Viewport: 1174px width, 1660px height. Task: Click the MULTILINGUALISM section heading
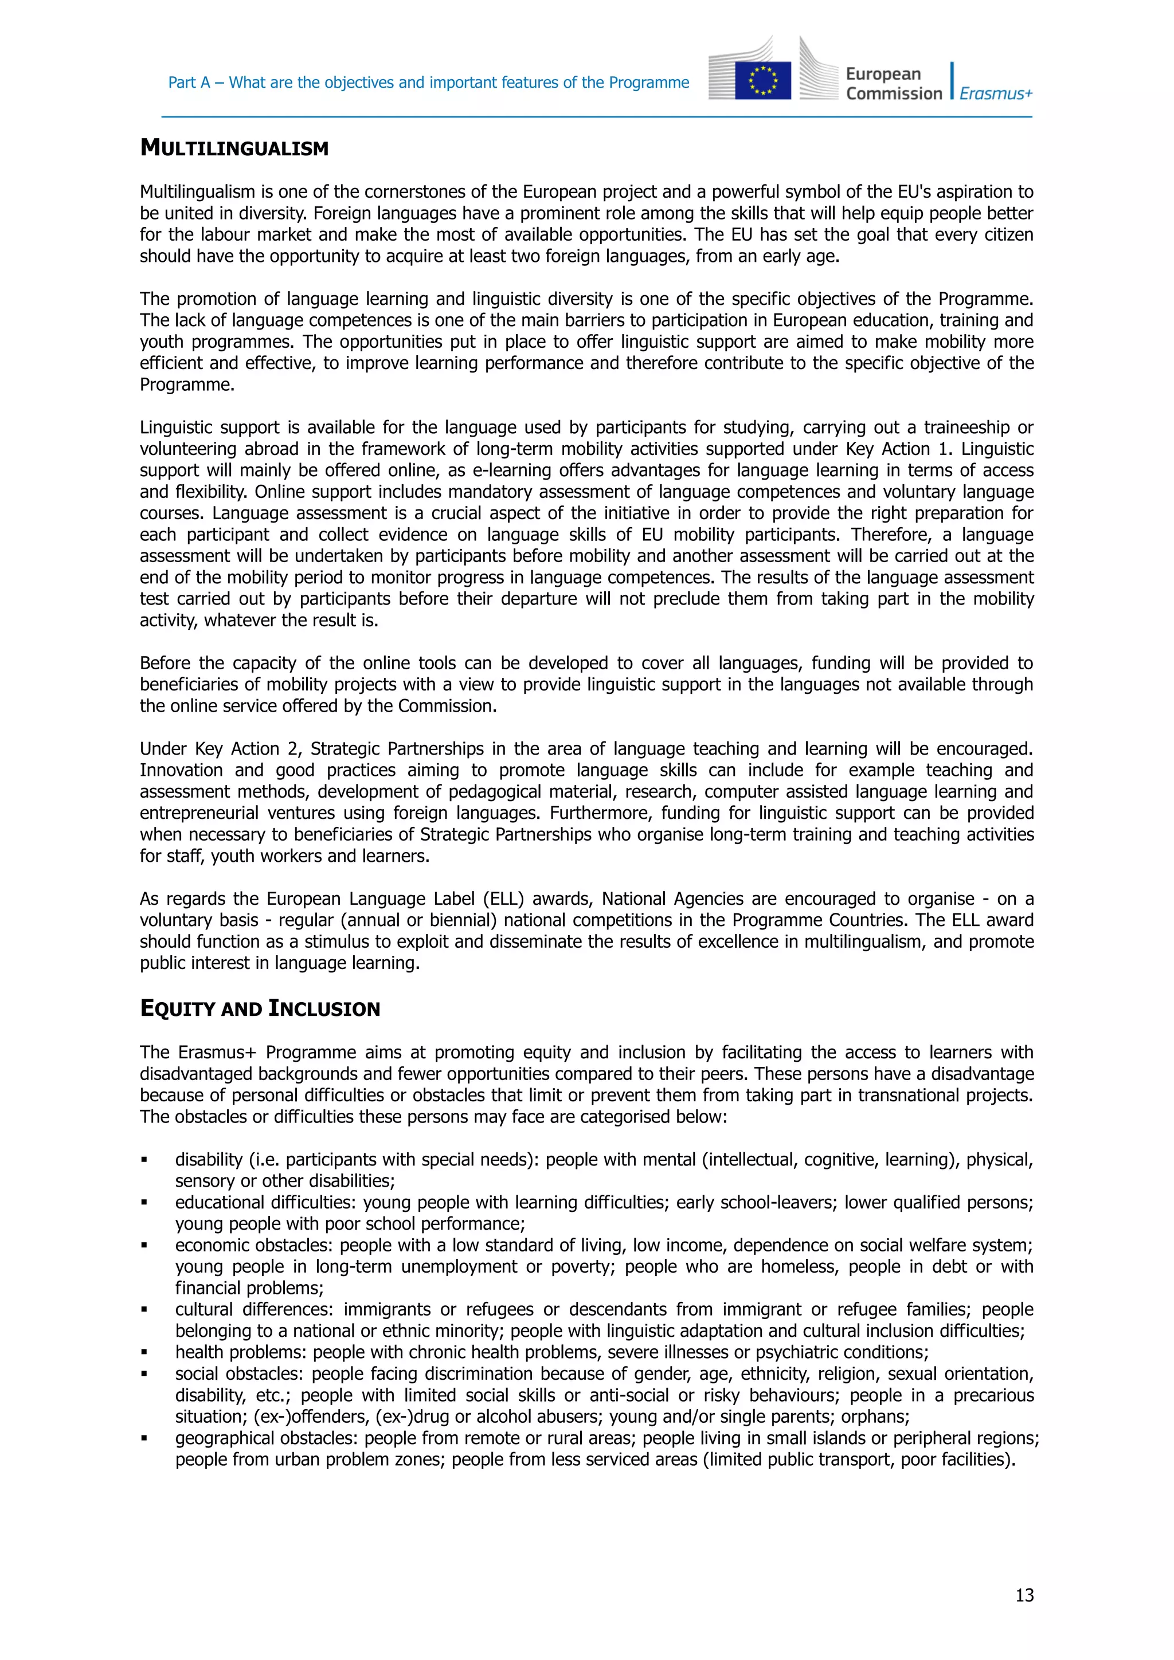pos(234,148)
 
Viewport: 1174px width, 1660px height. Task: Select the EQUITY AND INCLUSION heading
pos(260,1008)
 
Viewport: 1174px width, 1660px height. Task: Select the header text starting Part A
pos(428,83)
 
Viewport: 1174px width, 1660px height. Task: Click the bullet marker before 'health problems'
pos(144,1352)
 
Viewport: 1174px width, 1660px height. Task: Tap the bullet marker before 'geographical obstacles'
pos(144,1438)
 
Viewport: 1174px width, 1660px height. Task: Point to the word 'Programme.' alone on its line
pos(187,384)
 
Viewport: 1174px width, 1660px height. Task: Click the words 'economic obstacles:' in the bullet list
pos(254,1245)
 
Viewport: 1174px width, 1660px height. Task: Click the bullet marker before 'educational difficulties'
pos(144,1202)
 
